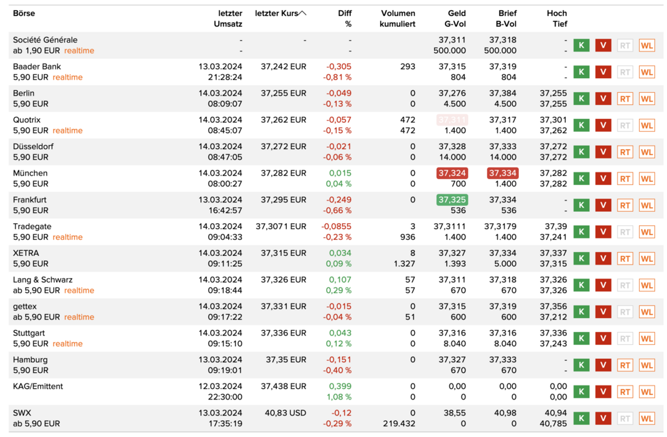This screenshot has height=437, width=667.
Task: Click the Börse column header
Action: pos(24,13)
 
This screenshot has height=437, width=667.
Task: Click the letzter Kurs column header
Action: pos(275,13)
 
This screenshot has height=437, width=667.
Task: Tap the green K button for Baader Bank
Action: pos(581,72)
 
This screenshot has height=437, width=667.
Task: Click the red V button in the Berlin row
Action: pos(603,99)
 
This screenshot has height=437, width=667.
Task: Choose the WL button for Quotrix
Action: pos(646,126)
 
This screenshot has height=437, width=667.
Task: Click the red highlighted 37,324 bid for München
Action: pos(452,173)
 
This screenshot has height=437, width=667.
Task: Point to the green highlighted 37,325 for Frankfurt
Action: pos(452,200)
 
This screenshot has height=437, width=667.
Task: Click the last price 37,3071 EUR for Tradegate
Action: pos(281,227)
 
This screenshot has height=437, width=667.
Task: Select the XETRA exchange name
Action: pos(26,253)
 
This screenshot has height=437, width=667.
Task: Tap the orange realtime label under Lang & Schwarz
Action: pos(79,291)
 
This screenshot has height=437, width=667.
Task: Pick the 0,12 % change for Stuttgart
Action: pos(338,343)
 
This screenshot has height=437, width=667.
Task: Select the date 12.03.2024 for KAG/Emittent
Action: pos(220,386)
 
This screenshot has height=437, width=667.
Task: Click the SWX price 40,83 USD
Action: pos(285,413)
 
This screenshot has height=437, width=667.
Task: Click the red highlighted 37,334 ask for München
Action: pos(502,173)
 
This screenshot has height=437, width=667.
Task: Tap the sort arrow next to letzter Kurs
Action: pos(303,13)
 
